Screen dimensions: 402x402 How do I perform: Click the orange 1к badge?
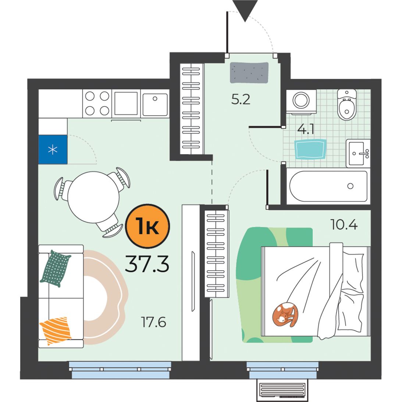pyautogui.click(x=147, y=226)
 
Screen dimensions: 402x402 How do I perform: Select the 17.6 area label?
pyautogui.click(x=154, y=322)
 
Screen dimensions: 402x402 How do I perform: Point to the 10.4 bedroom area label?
pyautogui.click(x=344, y=225)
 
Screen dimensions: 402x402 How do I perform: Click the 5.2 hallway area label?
pyautogui.click(x=241, y=99)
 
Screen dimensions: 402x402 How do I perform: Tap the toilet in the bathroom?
pyautogui.click(x=347, y=104)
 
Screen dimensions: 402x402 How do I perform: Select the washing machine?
pyautogui.click(x=301, y=102)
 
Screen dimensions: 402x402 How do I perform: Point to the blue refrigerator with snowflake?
pyautogui.click(x=53, y=149)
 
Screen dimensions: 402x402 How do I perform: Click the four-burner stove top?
pyautogui.click(x=97, y=104)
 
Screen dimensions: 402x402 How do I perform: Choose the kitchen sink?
pyautogui.click(x=155, y=104)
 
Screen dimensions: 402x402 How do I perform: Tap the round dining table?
pyautogui.click(x=93, y=197)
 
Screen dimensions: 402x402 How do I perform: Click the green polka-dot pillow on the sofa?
pyautogui.click(x=56, y=268)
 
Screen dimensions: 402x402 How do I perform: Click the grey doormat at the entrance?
pyautogui.click(x=249, y=73)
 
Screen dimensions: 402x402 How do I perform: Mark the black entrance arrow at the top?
pyautogui.click(x=245, y=11)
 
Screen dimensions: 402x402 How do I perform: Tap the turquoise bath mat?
pyautogui.click(x=310, y=149)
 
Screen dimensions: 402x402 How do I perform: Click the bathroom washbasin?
pyautogui.click(x=358, y=153)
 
